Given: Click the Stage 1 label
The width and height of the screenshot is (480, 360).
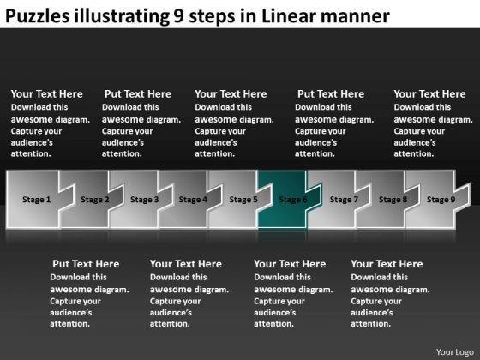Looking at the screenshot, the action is coord(36,200).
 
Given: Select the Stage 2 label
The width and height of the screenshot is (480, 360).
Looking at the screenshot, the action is coord(95,200).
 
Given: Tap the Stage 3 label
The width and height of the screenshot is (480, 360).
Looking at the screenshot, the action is coord(145,200).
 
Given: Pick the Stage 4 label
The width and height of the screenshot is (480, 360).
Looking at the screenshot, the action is coord(193,200).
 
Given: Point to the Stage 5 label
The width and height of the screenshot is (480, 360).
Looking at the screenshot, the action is coord(243,200).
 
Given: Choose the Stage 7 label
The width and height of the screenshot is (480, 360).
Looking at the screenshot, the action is coord(344,200).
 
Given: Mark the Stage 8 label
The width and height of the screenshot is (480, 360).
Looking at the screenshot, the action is coord(393,200).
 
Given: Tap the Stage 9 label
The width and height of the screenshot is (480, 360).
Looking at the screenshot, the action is coord(441,200).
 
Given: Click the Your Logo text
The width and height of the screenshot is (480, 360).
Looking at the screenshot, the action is coord(455,352).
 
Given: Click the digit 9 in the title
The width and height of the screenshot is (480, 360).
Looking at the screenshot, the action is coord(178,16).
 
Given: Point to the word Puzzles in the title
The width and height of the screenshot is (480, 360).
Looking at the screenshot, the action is coord(38,16).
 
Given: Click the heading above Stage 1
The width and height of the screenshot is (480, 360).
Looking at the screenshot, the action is coord(47,94).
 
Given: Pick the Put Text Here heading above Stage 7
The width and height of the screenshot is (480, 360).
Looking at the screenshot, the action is coord(331,94).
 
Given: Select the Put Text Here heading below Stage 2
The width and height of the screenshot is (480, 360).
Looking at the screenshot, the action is coord(86,264).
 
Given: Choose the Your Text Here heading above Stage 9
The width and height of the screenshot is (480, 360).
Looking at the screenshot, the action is coord(429,94).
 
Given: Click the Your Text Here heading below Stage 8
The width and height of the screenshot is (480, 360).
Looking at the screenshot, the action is coord(387,264).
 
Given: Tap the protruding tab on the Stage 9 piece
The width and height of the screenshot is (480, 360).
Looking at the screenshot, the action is coord(463,197).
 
